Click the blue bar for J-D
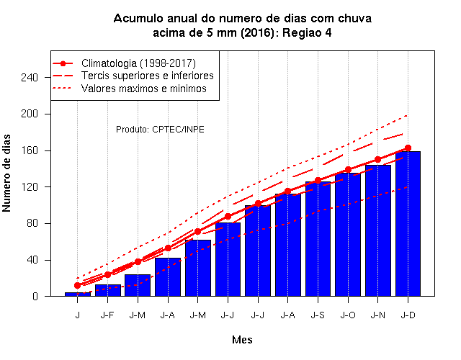point(408,224)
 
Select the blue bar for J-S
point(318,238)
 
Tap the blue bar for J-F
point(108,290)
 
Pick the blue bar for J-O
point(348,235)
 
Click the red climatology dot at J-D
point(408,148)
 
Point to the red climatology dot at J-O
point(348,170)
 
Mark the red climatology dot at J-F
point(108,275)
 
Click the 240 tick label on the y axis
point(30,78)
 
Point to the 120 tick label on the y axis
point(30,187)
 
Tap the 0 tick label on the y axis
point(35,296)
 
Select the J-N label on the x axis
point(377,315)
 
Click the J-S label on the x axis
point(318,315)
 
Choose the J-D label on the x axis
point(408,315)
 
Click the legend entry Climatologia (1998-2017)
point(138,63)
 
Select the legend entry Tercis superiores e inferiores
point(147,76)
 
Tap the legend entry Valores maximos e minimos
point(144,89)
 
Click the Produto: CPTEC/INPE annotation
point(160,130)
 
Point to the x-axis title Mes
point(242,340)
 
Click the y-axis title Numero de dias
point(6,173)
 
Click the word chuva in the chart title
point(354,18)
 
